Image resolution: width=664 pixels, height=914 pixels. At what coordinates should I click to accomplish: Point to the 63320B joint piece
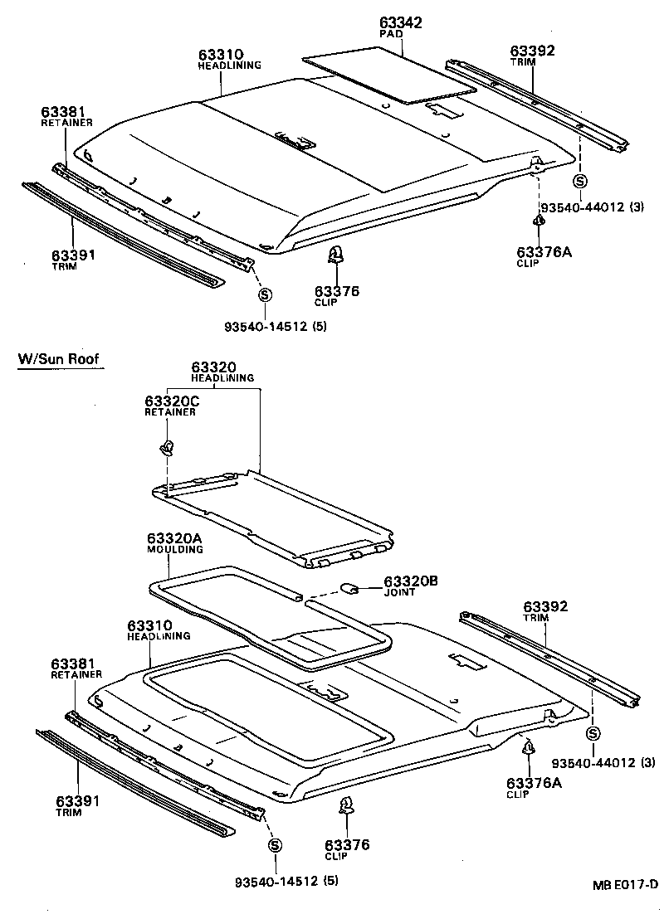[349, 588]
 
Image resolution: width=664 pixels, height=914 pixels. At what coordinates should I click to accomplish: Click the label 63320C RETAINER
[173, 406]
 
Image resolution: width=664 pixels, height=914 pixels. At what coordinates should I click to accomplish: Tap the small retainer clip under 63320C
[167, 449]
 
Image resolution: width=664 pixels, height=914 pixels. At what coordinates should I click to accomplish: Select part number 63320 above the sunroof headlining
[214, 367]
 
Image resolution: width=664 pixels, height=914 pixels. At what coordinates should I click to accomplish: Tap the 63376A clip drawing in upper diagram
[539, 222]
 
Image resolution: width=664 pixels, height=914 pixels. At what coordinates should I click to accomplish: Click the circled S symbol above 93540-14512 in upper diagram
[265, 294]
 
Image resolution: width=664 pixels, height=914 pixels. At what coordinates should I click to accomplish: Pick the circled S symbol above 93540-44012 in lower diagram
[593, 733]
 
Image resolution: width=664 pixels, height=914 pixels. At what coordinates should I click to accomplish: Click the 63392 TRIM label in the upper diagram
[532, 55]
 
